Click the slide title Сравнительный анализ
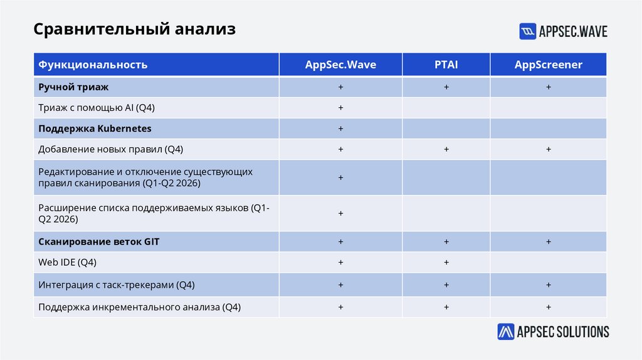pos(134,29)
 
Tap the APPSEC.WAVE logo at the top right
pos(563,31)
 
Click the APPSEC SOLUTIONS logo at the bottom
pos(553,332)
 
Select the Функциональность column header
pos(93,65)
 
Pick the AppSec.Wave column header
pos(340,65)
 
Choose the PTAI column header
pos(446,65)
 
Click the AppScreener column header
pos(548,65)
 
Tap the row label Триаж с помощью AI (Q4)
pos(96,108)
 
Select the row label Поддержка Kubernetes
pos(95,129)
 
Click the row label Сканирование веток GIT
pos(98,241)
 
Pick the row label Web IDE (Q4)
pos(67,262)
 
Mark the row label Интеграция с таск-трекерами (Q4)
pos(116,285)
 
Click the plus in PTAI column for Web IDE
pos(446,262)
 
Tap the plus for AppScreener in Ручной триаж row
pos(548,87)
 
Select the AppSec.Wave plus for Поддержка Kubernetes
pos(340,129)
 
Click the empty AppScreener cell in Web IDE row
pos(548,262)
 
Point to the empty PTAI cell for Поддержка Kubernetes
pos(446,129)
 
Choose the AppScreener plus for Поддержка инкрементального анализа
pos(548,307)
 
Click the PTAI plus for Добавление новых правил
pos(446,149)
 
